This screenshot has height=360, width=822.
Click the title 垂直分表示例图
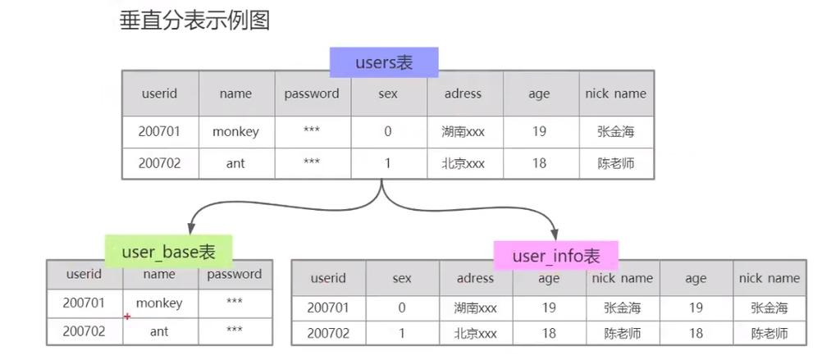195,21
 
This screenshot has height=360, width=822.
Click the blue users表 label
384,62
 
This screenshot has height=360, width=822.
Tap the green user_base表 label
168,251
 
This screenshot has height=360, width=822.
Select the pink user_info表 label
555,256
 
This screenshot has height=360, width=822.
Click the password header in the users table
312,93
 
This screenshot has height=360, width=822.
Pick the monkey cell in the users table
235,131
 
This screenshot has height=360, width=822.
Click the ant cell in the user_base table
159,331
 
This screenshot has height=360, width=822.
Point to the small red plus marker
127,316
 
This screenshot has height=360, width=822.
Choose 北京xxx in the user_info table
475,334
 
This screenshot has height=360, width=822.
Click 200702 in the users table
158,163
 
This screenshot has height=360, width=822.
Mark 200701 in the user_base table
84,303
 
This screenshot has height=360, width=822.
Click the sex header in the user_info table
401,279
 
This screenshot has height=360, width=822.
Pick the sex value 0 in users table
387,131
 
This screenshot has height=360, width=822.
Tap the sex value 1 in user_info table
401,334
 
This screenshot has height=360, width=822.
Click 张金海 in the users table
615,131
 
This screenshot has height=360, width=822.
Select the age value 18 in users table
538,163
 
